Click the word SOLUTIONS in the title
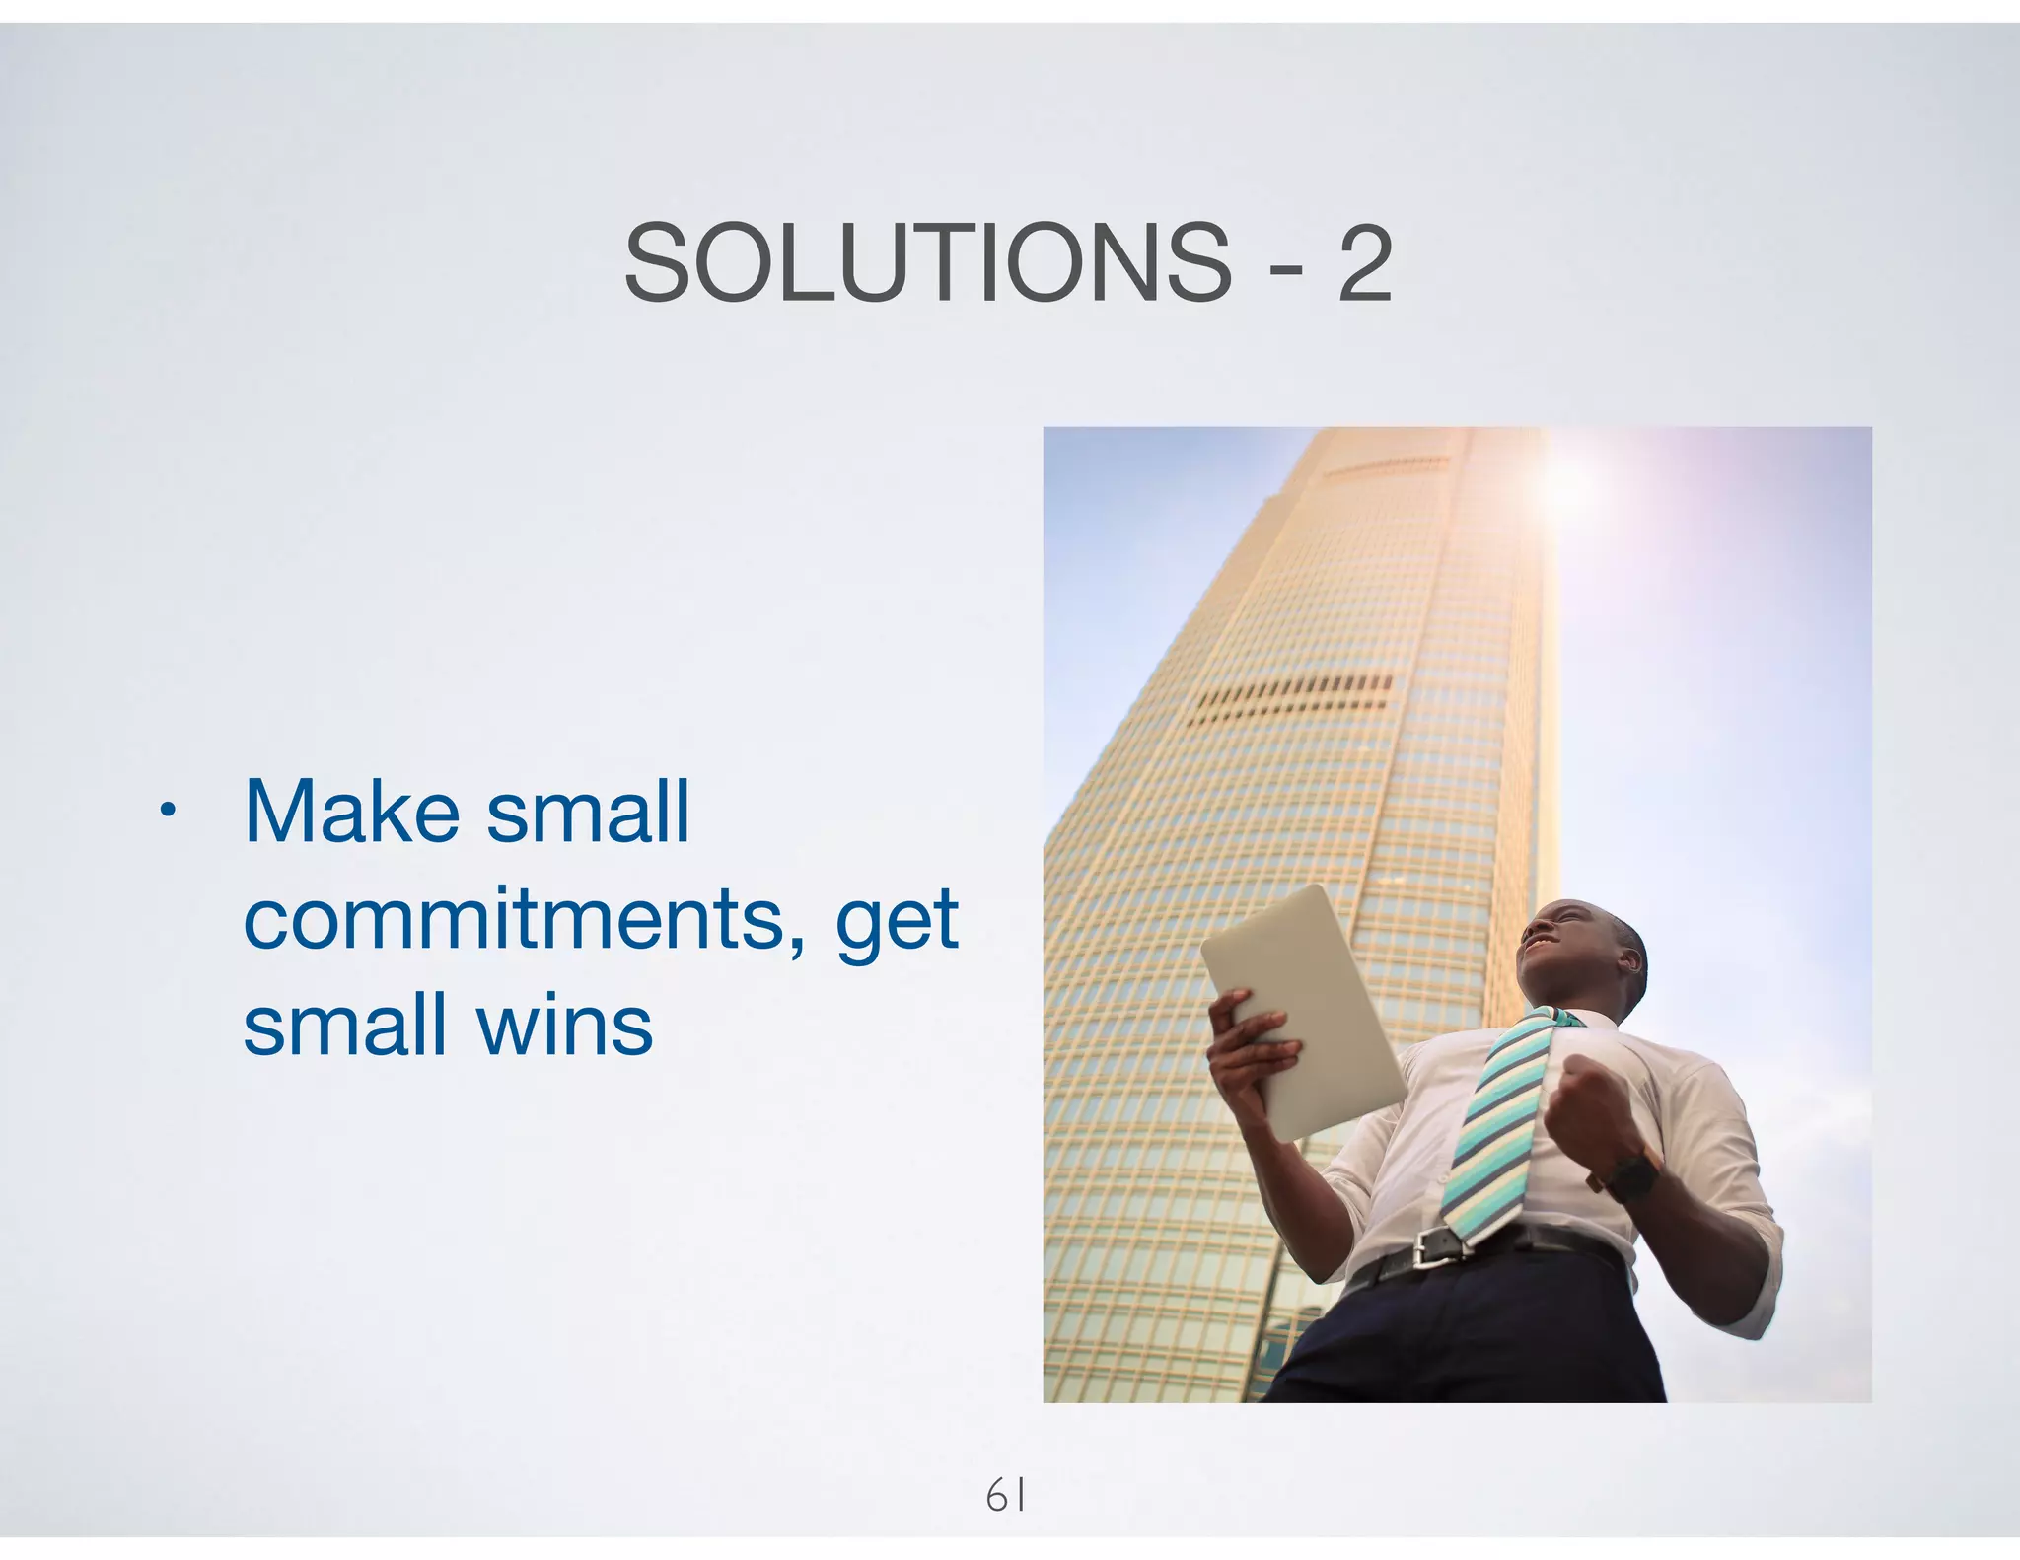click(x=927, y=264)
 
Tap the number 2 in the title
click(x=1364, y=264)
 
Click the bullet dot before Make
click(x=169, y=812)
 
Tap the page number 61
click(x=1006, y=1496)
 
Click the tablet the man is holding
click(x=1302, y=1011)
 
